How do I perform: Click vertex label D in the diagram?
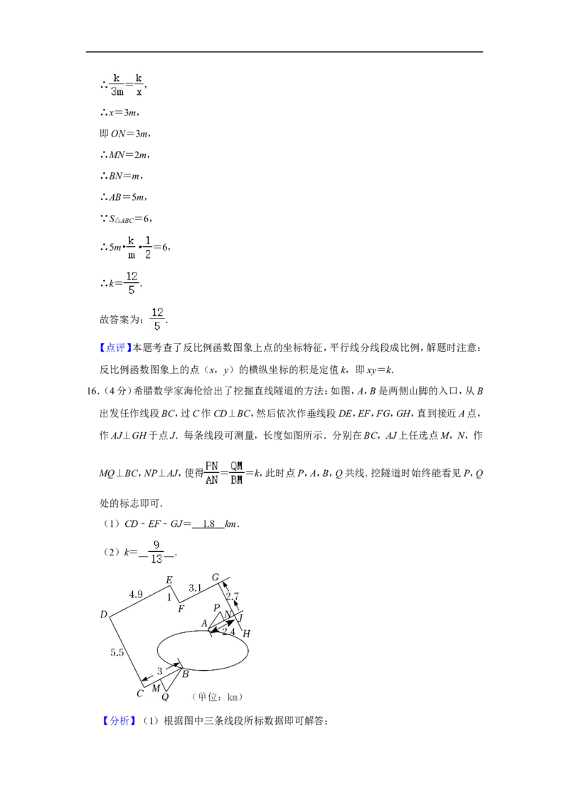[x=104, y=614]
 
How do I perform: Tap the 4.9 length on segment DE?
[x=136, y=595]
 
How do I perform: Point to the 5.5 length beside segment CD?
[x=117, y=652]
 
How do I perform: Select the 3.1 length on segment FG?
[x=195, y=587]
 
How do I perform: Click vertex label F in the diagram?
[x=181, y=609]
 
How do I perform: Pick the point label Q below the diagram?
[x=165, y=697]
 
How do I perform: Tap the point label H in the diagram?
[x=247, y=634]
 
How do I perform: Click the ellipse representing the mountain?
[x=157, y=650]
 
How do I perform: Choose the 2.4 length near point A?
[x=228, y=632]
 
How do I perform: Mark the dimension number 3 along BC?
[x=160, y=671]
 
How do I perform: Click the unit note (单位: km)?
[x=217, y=697]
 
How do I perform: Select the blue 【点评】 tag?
[x=115, y=348]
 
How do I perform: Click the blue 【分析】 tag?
[x=119, y=721]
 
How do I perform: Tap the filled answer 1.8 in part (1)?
[x=208, y=524]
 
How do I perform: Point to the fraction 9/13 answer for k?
[x=156, y=552]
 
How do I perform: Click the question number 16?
[x=92, y=391]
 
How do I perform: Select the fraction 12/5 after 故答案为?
[x=157, y=319]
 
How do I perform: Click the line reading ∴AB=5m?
[x=124, y=197]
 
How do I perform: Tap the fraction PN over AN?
[x=211, y=473]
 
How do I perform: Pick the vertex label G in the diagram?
[x=216, y=577]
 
